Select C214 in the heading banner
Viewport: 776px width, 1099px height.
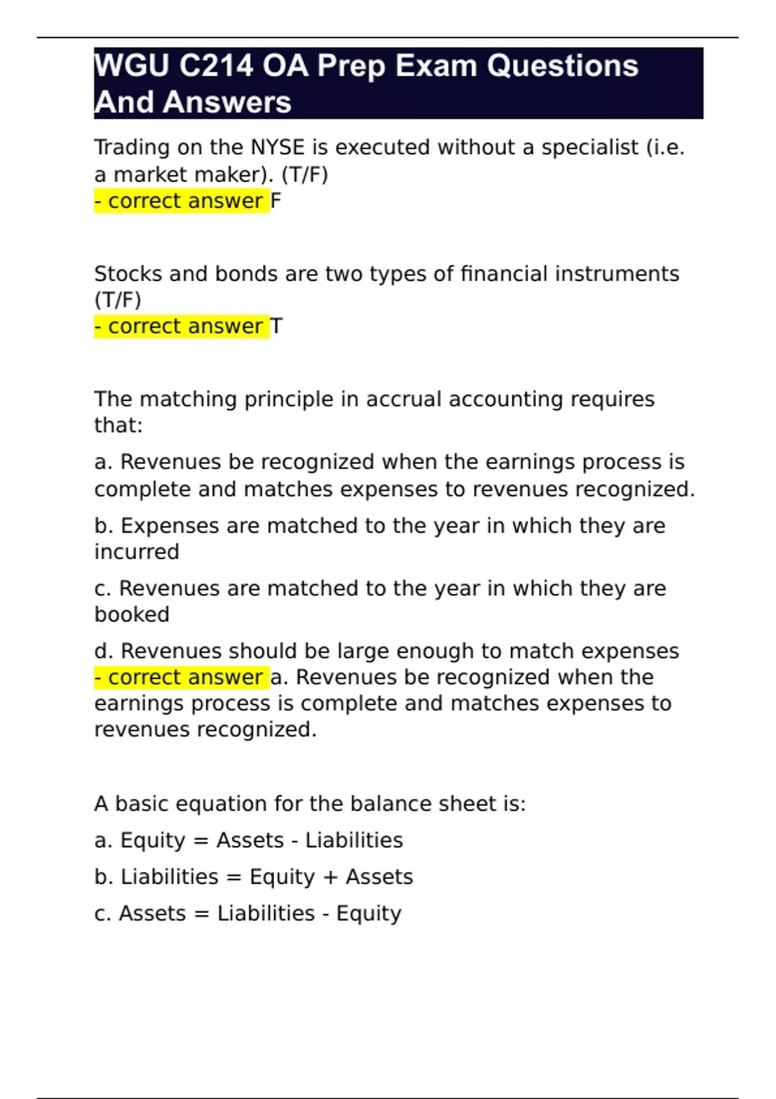point(215,66)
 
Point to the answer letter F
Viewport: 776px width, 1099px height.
point(276,201)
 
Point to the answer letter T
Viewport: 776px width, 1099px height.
point(277,326)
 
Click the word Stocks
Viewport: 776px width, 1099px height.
point(128,274)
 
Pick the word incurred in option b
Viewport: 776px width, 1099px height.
point(136,552)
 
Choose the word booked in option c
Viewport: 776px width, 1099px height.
point(132,614)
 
